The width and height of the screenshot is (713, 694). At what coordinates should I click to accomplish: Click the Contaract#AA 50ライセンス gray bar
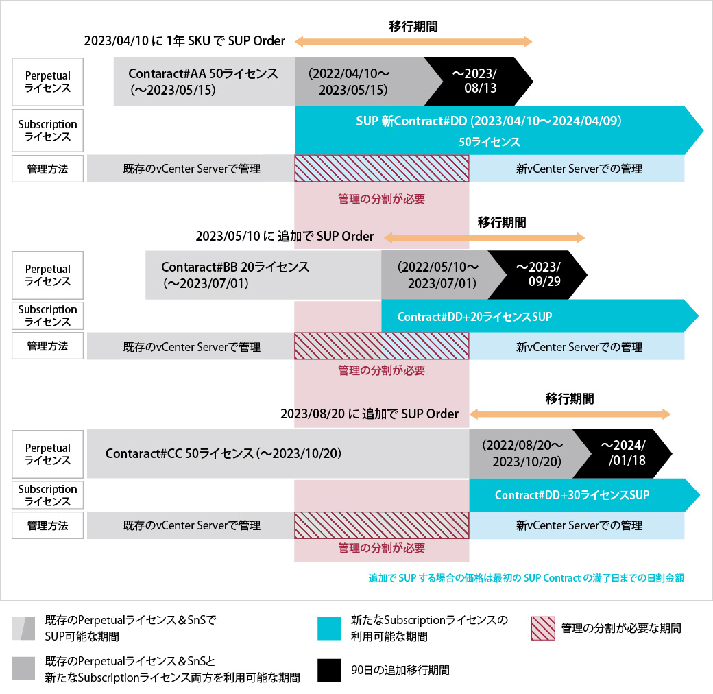coord(204,82)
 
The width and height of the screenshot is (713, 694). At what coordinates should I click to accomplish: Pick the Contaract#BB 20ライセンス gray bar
coord(263,275)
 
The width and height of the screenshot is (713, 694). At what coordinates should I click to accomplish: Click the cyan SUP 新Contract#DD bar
coord(490,130)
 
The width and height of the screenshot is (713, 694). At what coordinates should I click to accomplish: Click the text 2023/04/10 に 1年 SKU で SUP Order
coord(184,40)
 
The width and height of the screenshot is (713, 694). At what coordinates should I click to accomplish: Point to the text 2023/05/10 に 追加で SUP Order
coord(285,237)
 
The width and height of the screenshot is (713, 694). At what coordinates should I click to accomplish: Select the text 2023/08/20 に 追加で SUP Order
coord(370,414)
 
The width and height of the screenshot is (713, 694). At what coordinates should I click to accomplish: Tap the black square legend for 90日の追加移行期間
coord(329,670)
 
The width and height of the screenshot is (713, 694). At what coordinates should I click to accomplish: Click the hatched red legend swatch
coord(543,628)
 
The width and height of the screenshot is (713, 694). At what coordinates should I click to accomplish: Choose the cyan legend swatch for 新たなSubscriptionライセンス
coord(329,628)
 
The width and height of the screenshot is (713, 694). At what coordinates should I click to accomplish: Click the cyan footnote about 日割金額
coord(526,578)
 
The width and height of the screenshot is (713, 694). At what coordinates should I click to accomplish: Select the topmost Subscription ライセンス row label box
coord(48,130)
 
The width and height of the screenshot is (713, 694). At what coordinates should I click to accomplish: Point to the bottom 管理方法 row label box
coord(48,526)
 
